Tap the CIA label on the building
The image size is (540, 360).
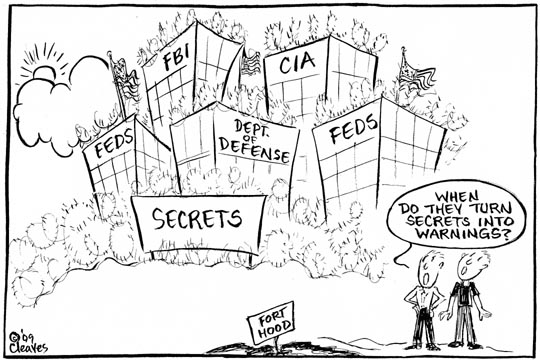coord(297,63)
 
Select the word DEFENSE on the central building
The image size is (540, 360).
coord(255,151)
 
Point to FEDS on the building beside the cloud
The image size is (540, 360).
coord(114,143)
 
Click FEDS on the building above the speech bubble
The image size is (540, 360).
coord(353,128)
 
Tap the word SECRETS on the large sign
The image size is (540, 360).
coord(197,218)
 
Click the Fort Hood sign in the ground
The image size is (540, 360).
coord(272,323)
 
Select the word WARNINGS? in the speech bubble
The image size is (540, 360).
coord(463,233)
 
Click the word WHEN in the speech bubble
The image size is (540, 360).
coord(457,197)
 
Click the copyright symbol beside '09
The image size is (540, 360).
coord(14,336)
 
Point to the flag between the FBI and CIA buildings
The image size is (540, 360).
coord(250,62)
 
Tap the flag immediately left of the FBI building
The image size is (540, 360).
coord(125,79)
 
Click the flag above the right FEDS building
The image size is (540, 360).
coord(415,74)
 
